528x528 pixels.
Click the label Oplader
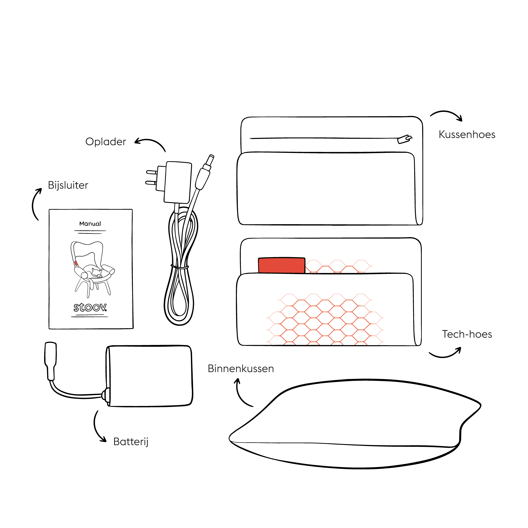coord(106,142)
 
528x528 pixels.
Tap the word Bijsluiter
coord(68,185)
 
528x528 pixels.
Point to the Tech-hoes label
coord(467,334)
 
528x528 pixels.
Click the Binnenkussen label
coord(241,369)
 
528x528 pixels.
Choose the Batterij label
coord(131,442)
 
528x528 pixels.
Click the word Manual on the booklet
coord(90,224)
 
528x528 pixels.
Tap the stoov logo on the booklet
coord(90,307)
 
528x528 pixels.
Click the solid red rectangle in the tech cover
coord(281,265)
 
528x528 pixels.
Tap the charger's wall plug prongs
coord(151,177)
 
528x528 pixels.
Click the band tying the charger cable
coord(180,266)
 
